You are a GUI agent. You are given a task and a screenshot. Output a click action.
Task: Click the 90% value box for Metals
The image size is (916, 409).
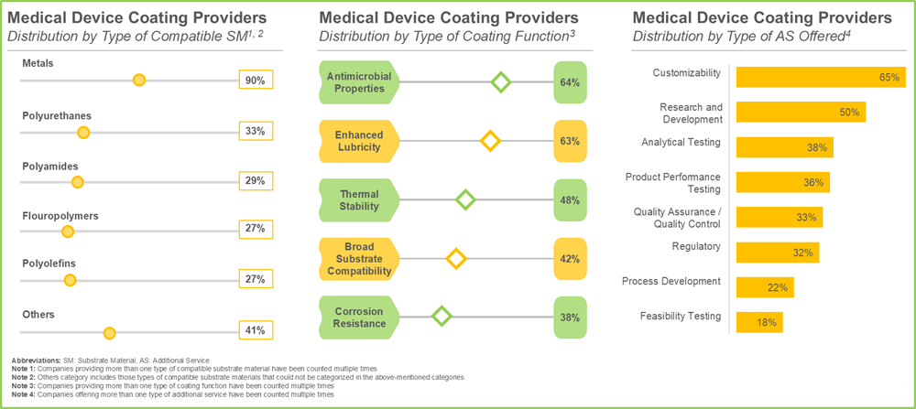[255, 81]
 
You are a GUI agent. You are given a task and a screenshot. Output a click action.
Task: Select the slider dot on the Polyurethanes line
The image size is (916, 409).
[83, 133]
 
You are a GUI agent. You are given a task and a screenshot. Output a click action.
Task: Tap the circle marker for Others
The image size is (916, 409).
[109, 332]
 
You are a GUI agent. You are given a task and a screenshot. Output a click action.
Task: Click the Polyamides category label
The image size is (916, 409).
[49, 166]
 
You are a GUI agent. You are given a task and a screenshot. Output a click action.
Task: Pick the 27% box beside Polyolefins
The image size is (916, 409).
[255, 279]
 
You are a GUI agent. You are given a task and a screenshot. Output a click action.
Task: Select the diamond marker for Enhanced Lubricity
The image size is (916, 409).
[490, 141]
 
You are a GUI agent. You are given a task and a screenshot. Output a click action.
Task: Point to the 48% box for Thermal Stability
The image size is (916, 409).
[569, 199]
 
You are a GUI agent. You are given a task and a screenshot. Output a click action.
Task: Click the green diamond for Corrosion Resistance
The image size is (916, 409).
[442, 317]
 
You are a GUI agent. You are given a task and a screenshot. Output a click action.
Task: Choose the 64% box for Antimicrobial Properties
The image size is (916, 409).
[569, 82]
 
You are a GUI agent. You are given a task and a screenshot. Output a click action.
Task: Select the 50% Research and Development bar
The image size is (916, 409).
[801, 113]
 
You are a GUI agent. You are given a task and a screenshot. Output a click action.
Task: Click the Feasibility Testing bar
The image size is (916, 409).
[759, 322]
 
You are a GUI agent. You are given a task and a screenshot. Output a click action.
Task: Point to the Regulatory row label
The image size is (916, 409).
[697, 246]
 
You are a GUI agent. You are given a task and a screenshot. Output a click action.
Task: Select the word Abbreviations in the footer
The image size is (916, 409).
[38, 361]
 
